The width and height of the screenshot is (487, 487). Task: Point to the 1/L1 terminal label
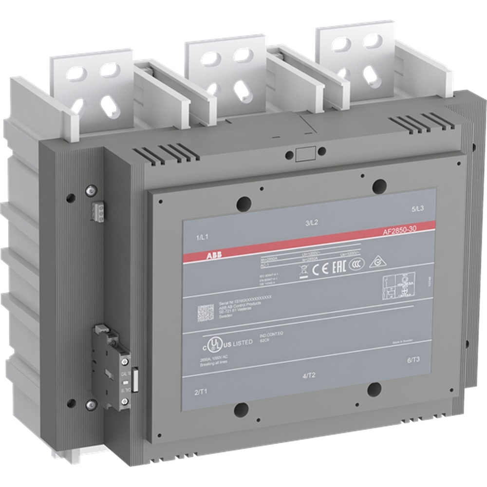tap(202, 237)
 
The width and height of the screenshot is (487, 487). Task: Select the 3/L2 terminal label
tap(312, 223)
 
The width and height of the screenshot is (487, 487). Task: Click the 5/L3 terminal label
tap(418, 208)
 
